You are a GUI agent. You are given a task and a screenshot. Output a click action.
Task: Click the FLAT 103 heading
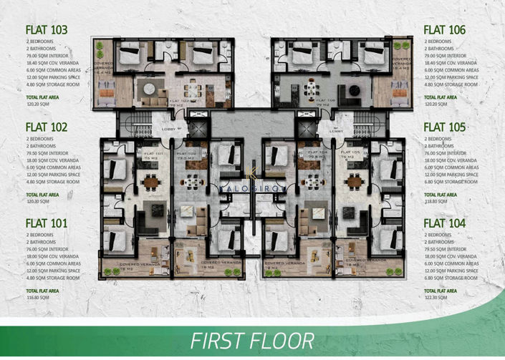[x=47, y=30]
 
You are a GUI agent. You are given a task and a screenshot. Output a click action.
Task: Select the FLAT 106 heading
[x=445, y=30]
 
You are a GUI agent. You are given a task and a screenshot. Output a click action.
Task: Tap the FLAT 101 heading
[x=47, y=223]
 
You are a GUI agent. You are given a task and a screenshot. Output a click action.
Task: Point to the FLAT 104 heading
[x=445, y=223]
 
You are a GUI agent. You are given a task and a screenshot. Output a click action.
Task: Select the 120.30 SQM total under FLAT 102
[x=37, y=201]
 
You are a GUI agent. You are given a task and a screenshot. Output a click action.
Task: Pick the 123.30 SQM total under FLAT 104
[x=436, y=298]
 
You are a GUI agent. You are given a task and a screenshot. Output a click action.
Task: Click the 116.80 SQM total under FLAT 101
[x=37, y=298]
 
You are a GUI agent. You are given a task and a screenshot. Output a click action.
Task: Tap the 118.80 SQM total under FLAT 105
[x=436, y=201]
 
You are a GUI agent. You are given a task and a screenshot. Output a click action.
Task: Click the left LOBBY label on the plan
[x=169, y=130]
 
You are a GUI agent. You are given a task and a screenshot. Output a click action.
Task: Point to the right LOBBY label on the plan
[x=336, y=130]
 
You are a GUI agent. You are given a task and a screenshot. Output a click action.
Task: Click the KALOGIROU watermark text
[x=252, y=190]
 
